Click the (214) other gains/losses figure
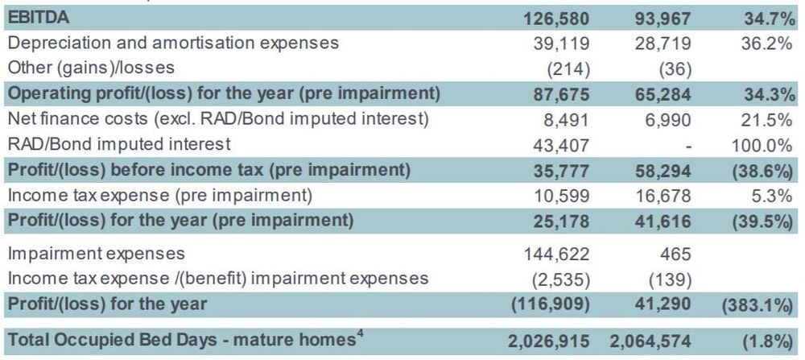coord(568,68)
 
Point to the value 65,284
coord(664,93)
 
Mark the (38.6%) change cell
coord(762,171)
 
